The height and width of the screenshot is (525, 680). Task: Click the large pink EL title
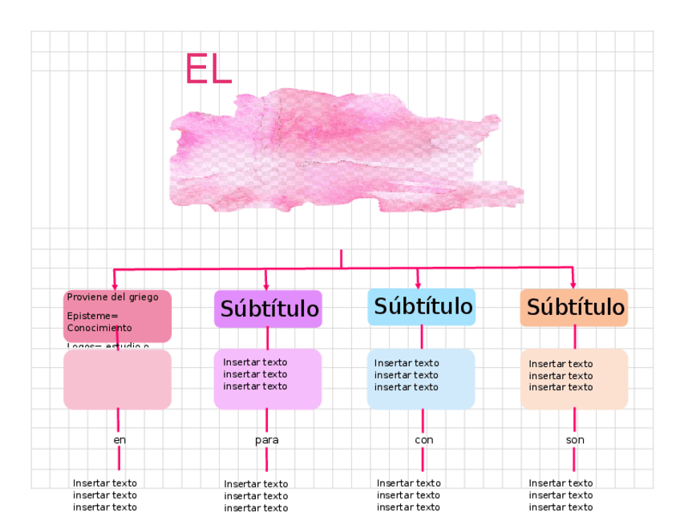pos(208,69)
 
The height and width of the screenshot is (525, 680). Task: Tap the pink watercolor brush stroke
pos(345,152)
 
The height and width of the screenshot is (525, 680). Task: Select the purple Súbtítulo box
pos(268,309)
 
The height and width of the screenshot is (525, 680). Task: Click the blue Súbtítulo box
pos(422,307)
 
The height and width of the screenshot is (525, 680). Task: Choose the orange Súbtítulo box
pos(574,308)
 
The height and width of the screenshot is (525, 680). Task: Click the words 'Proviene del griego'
pos(112,297)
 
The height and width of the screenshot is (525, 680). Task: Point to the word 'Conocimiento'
pos(99,328)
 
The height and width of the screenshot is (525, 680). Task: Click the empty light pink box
pos(117,380)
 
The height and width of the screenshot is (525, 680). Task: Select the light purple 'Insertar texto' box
pos(268,379)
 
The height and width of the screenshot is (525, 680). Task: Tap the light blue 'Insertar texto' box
pos(421,379)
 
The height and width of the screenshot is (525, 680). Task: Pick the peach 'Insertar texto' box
pos(574,379)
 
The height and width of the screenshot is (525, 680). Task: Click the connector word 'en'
pos(119,440)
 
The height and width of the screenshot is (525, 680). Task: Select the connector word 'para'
pos(267,440)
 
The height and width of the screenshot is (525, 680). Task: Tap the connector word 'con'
pos(423,440)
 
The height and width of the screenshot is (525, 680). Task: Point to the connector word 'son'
pos(575,440)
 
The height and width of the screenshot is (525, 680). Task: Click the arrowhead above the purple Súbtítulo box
pos(266,285)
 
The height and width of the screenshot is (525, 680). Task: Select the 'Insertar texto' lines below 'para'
pos(256,496)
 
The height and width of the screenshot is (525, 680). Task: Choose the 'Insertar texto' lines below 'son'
pos(561,495)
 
